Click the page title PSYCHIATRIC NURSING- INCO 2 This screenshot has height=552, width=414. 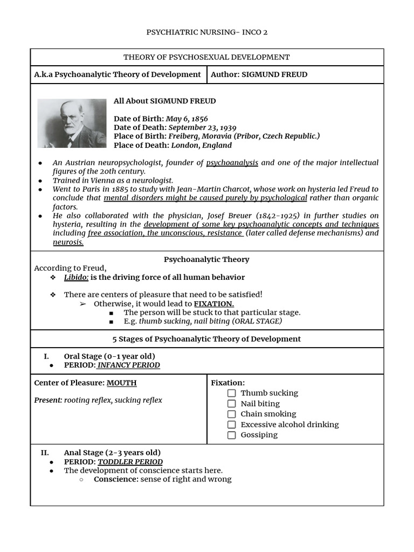pos(206,32)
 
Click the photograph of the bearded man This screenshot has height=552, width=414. pos(72,123)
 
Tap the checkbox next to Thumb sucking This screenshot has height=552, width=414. pos(232,394)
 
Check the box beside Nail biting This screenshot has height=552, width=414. pos(232,404)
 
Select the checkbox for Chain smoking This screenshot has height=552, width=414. pos(232,414)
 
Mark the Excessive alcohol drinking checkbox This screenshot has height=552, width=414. pos(232,425)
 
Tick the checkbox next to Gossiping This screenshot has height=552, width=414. pos(232,435)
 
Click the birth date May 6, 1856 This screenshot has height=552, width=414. pos(187,119)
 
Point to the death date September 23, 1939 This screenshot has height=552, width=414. pos(202,128)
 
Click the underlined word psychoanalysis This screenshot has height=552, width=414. pos(232,163)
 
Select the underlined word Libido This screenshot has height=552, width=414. pos(76,278)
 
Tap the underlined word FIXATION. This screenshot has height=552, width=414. pos(213,304)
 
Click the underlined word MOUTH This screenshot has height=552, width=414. pos(121,383)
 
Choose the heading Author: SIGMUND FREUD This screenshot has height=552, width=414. pos(259,75)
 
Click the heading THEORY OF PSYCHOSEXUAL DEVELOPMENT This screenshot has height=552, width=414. pos(206,57)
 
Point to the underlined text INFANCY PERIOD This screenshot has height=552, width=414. pos(128,365)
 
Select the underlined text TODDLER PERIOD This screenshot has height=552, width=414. pos(130,462)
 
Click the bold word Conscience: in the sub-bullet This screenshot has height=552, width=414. pos(116,479)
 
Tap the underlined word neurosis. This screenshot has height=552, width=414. pos(68,243)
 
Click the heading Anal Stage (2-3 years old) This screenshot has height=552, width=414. pos(112,453)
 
